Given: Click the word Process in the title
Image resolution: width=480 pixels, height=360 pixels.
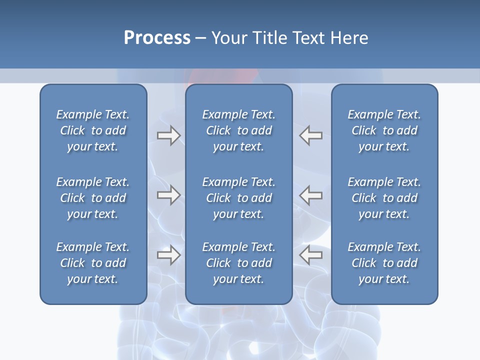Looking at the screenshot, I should (x=157, y=38).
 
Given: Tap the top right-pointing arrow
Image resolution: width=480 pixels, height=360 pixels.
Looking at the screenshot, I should (x=168, y=135).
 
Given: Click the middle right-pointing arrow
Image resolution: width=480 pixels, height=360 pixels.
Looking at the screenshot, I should (x=168, y=194).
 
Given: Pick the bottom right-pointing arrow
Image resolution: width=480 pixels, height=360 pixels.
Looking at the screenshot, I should (x=168, y=255).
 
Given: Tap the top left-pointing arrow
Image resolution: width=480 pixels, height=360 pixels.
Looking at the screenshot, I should (x=310, y=135).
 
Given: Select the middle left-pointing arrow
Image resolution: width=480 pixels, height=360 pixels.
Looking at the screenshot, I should (x=310, y=194).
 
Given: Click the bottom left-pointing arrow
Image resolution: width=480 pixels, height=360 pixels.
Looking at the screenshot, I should (x=310, y=255).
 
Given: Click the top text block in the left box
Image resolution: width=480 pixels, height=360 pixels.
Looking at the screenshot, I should (x=93, y=130).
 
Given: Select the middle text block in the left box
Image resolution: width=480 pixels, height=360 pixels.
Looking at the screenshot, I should (x=93, y=198).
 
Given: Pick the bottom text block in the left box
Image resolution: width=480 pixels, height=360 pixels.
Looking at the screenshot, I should (x=93, y=263).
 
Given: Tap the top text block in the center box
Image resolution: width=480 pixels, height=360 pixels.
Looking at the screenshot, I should (x=238, y=130).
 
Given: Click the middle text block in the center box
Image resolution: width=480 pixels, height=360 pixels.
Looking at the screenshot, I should (x=238, y=198).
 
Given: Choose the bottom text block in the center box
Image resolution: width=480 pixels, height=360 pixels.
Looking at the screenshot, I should (x=238, y=263).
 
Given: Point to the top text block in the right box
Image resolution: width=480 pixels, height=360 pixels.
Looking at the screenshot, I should (x=384, y=130).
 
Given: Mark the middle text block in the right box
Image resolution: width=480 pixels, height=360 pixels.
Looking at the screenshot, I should (x=384, y=198).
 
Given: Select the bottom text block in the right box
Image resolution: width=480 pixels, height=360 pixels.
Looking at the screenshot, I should (x=384, y=263).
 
